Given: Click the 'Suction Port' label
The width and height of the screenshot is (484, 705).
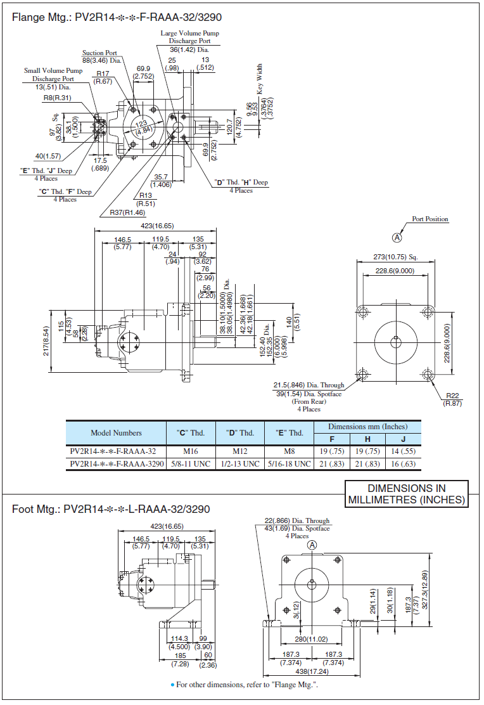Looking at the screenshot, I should [99, 53].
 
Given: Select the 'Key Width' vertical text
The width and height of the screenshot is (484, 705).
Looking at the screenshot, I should [260, 79].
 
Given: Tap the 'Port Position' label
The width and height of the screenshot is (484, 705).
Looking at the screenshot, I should [430, 219].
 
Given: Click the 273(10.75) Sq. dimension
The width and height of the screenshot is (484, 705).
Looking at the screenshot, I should [395, 257].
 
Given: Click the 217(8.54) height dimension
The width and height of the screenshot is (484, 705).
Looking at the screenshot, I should [46, 340].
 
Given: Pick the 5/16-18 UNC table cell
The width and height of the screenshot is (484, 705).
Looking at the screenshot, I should [289, 463].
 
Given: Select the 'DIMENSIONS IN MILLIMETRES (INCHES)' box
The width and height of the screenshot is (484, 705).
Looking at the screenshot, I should [407, 494].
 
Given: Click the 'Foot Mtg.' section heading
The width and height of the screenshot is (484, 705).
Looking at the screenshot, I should [111, 509].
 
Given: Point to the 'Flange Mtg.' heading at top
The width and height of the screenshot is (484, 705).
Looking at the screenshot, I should [117, 17].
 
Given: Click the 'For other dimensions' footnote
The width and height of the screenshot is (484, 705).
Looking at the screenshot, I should [244, 684].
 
